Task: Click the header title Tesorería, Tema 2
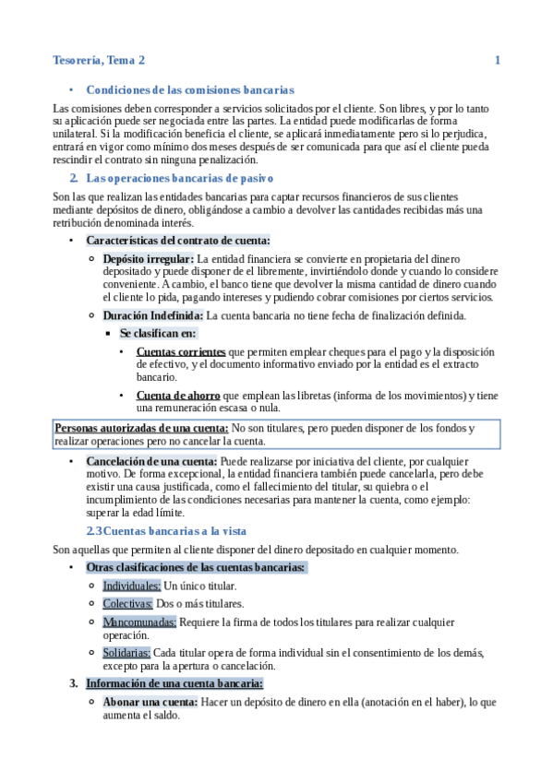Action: [x=99, y=61]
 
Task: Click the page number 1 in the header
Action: [x=498, y=61]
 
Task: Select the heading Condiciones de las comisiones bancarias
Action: [x=189, y=90]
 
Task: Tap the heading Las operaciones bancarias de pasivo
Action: [x=178, y=177]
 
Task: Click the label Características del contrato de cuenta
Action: [x=178, y=241]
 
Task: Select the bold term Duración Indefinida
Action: [x=152, y=316]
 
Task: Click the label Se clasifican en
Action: [x=158, y=333]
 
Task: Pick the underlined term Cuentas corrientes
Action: [x=180, y=352]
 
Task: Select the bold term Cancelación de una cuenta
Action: [x=151, y=460]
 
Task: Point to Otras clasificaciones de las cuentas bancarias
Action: [x=196, y=567]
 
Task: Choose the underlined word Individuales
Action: [x=131, y=586]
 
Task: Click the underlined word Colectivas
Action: [x=127, y=604]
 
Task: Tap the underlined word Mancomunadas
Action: [x=139, y=622]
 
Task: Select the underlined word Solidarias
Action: [x=126, y=653]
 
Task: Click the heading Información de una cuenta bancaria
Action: [x=174, y=683]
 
